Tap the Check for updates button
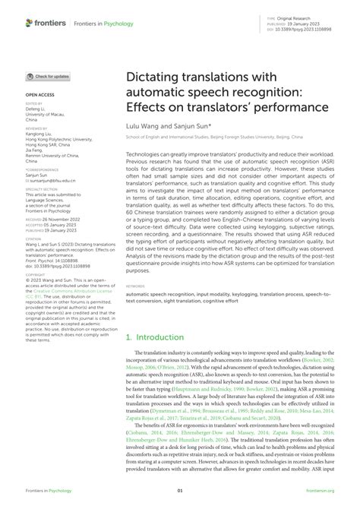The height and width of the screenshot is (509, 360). pos(49,77)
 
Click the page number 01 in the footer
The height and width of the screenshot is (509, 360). pos(180,491)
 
